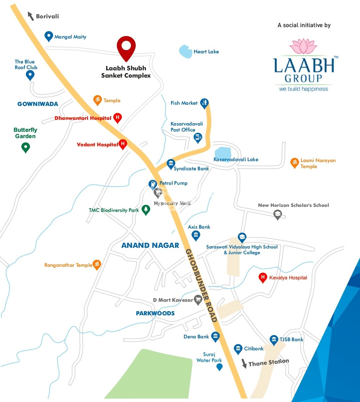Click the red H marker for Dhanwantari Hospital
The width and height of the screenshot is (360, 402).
(117, 118)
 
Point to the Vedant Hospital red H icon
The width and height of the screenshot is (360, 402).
(123, 144)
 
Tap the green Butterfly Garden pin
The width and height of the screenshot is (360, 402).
(26, 147)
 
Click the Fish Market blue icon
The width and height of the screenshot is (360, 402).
(204, 102)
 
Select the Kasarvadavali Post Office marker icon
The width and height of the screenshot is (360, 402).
(198, 137)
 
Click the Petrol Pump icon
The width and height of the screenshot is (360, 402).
(153, 184)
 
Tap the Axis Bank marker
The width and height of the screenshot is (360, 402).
(196, 235)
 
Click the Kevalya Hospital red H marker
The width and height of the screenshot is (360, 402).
(263, 277)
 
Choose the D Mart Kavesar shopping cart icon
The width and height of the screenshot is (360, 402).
(198, 300)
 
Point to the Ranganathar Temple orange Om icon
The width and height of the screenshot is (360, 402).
(97, 264)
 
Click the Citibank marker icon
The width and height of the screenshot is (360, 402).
(238, 349)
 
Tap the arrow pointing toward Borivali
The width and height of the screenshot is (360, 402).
(31, 16)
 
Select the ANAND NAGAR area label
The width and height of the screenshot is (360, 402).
(150, 245)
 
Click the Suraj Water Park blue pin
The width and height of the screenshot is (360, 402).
(219, 367)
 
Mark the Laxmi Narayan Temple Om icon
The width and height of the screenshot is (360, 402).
(294, 163)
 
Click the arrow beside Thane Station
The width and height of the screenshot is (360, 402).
(244, 364)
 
